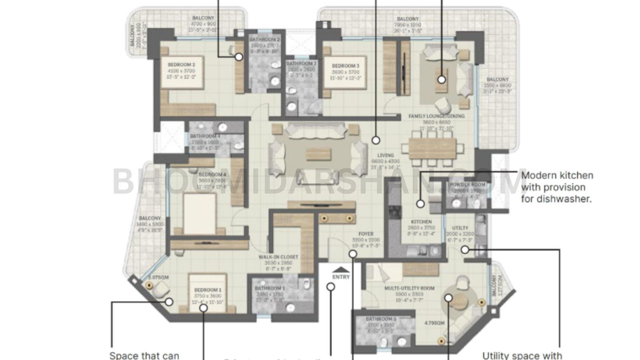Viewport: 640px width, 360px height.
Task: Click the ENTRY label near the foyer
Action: (x=341, y=277)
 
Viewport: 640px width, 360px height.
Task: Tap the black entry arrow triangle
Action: (x=341, y=269)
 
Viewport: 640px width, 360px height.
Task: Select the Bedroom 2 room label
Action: (x=182, y=65)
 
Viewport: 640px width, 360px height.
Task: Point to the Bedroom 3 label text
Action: (x=346, y=66)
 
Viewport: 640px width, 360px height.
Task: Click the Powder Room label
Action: (x=467, y=185)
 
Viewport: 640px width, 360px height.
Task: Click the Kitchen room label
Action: (x=421, y=222)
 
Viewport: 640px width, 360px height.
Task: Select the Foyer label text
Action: (x=366, y=234)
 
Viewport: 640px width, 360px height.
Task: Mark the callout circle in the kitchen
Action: (x=420, y=204)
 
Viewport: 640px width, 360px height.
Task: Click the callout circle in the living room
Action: (x=376, y=140)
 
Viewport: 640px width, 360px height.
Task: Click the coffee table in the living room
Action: (x=318, y=154)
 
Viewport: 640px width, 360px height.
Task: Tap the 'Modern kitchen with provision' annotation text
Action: (x=557, y=187)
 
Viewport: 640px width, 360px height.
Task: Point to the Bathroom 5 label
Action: (x=381, y=319)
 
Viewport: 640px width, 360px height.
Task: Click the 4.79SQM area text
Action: (x=434, y=323)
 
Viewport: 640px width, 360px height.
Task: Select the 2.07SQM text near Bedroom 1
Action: (x=158, y=278)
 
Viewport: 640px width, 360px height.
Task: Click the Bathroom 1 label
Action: (x=270, y=288)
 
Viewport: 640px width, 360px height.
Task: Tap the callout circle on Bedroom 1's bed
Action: (x=204, y=308)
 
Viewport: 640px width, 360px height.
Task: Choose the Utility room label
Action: (x=460, y=228)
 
